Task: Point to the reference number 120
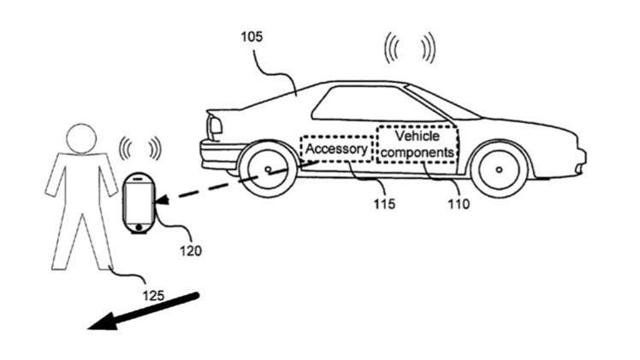[191, 251]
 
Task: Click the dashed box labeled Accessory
[337, 149]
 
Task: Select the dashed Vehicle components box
[417, 145]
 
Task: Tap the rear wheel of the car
[268, 170]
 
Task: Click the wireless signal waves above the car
[409, 49]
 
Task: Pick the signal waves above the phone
[139, 149]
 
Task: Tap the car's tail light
[214, 127]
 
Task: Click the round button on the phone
[138, 227]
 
